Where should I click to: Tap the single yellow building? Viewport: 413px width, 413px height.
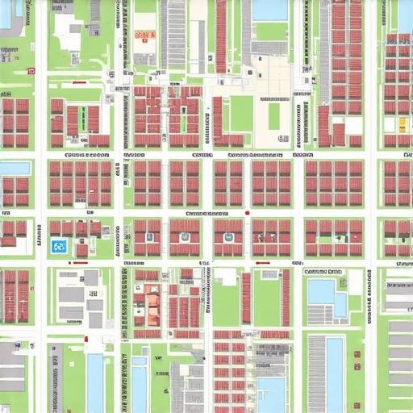point(403,124)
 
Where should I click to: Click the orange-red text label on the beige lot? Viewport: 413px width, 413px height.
point(145,35)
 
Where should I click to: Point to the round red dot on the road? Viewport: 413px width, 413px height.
point(247,213)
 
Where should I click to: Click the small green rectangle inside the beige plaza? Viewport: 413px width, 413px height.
point(274,115)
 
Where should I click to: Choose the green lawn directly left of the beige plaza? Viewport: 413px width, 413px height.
point(241,114)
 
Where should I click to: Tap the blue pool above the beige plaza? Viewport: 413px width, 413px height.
point(269,10)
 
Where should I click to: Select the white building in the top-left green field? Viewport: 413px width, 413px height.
point(69,36)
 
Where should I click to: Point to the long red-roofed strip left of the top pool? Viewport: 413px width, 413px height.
point(221,36)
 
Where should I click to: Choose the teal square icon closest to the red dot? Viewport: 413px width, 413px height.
point(228,238)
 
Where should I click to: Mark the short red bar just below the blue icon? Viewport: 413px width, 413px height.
point(81,261)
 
